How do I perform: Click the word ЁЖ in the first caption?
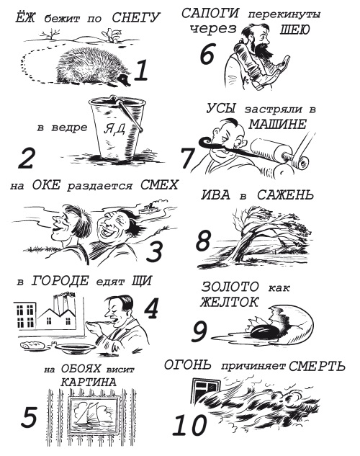25,17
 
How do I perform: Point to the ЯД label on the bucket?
114,129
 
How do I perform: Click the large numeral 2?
26,158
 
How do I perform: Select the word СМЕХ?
159,185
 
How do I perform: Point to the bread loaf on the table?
32,345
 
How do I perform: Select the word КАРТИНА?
89,382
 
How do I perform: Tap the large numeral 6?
207,54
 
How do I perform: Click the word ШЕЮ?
294,30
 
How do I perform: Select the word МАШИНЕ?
278,125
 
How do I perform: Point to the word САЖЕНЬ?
285,195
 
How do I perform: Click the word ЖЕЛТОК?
229,302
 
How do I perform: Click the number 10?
190,425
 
